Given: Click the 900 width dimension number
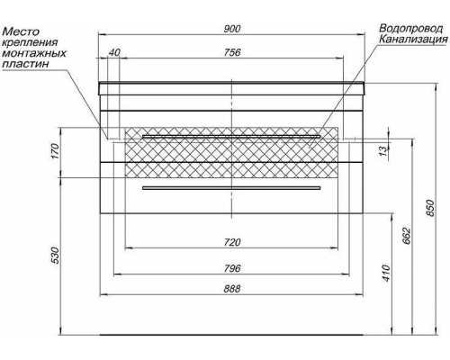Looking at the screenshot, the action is (232, 29).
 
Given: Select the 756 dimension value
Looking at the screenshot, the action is (232, 52).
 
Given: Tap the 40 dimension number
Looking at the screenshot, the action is (114, 52).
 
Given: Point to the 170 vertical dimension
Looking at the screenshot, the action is (55, 151).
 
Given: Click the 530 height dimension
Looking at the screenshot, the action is (55, 256).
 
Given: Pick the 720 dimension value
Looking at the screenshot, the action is (232, 242).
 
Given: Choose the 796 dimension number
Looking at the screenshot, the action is (232, 268).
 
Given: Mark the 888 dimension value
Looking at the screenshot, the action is (232, 289).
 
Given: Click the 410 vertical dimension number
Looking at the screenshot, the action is (387, 273).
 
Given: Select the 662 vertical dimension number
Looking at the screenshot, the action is (407, 236).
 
